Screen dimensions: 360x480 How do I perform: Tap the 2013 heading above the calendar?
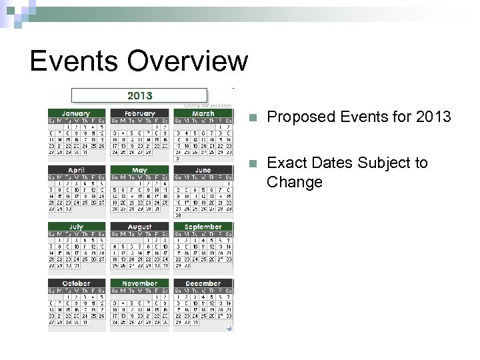click(139, 96)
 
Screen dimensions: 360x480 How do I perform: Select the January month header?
click(76, 114)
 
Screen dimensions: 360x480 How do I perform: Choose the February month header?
click(139, 114)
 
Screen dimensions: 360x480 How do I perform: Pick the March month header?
click(203, 114)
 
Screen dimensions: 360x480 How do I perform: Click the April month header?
click(76, 171)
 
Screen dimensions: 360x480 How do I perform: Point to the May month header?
click(139, 171)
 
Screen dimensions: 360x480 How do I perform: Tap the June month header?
click(203, 171)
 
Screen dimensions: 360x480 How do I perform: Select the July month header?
click(76, 227)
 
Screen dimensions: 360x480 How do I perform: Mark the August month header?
click(139, 227)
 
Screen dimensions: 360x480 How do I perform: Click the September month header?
click(203, 227)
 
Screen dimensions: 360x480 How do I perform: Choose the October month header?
click(76, 283)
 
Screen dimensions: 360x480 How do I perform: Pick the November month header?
click(139, 283)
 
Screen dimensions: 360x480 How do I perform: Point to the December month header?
click(203, 283)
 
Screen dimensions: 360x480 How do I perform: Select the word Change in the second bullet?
click(294, 182)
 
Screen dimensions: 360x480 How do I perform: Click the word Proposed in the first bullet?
click(296, 117)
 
